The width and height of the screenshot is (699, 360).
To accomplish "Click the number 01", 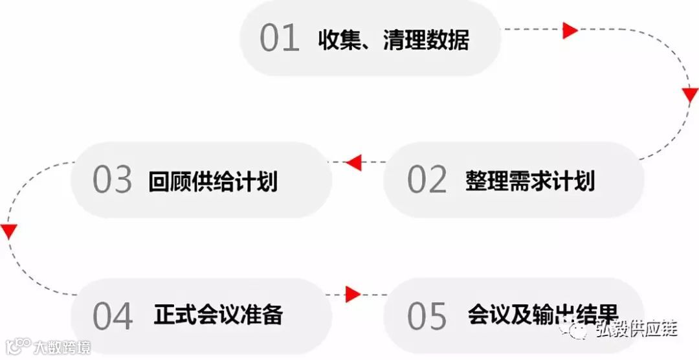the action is coord(280,39).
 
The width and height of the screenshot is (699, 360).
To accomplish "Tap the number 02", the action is coord(427,179).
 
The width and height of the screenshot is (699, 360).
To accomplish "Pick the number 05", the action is coord(427,315).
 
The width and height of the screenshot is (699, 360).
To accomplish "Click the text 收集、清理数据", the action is coord(393,40).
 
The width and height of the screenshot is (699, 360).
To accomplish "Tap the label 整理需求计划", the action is coord(529,181).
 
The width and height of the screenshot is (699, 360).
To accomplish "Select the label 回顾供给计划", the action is coord(212,181).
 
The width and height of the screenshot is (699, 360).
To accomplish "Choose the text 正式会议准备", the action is coord(218,315).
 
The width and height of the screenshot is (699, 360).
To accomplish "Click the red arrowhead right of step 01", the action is coord(570,30).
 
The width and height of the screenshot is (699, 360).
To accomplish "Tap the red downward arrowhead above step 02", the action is coord(690,96).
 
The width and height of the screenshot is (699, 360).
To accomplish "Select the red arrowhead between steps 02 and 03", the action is coord(353,162).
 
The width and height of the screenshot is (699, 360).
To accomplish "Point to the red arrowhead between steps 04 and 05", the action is coord(353,295).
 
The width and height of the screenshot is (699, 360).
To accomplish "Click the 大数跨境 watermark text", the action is coord(63,346).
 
